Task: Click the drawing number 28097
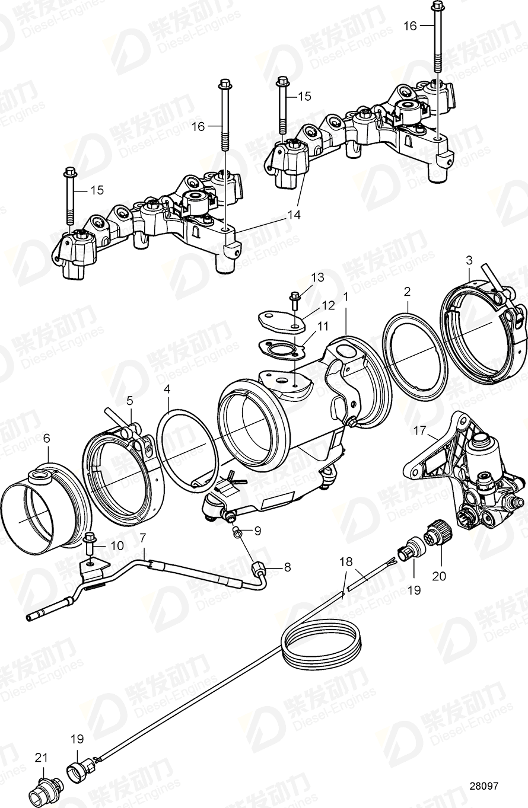pos(484,786)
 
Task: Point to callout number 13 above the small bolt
pos(318,277)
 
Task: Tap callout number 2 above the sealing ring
pos(407,292)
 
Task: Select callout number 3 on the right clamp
pos(469,260)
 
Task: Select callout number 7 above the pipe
pos(142,538)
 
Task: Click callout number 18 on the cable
pos(345,561)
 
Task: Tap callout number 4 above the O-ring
pos(168,389)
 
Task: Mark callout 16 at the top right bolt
pos(411,26)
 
